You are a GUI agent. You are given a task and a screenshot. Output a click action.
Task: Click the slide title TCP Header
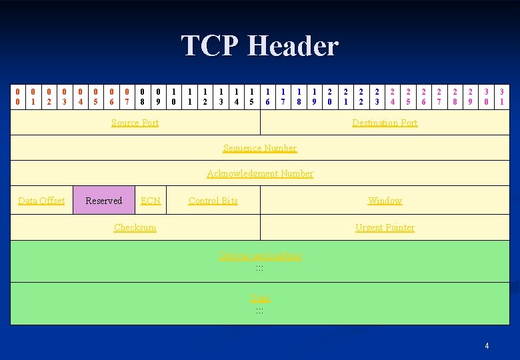click(x=260, y=46)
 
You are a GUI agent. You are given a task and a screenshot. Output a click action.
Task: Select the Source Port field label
click(x=135, y=123)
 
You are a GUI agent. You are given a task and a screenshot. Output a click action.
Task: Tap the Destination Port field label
click(x=385, y=123)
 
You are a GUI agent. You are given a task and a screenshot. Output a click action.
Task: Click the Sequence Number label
click(x=260, y=148)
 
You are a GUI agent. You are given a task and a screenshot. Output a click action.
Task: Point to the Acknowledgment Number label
click(x=260, y=173)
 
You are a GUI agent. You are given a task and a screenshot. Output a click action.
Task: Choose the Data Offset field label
click(x=41, y=201)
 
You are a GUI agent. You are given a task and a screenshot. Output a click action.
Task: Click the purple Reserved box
click(x=104, y=201)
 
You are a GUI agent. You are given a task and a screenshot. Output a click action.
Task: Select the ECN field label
click(x=151, y=201)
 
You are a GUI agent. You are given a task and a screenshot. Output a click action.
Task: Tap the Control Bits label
click(x=213, y=201)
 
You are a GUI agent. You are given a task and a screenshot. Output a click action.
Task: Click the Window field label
click(x=385, y=201)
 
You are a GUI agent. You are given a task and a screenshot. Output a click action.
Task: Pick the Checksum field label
click(x=135, y=227)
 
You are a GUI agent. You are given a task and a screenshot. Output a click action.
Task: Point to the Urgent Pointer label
click(x=385, y=227)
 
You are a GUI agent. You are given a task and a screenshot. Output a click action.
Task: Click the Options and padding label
click(x=260, y=255)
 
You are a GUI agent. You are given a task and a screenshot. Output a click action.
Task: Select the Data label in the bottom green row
click(x=260, y=299)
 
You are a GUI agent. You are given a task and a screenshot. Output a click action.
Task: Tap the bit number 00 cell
click(x=17, y=96)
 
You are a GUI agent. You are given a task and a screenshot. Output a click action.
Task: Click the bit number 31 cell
click(x=502, y=96)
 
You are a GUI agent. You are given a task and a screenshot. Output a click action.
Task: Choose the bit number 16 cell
click(x=267, y=96)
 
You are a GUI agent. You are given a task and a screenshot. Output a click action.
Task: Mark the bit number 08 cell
click(x=143, y=96)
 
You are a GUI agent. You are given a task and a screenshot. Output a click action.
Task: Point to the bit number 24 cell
click(x=393, y=96)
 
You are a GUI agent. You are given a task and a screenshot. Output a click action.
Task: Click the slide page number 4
click(x=487, y=345)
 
